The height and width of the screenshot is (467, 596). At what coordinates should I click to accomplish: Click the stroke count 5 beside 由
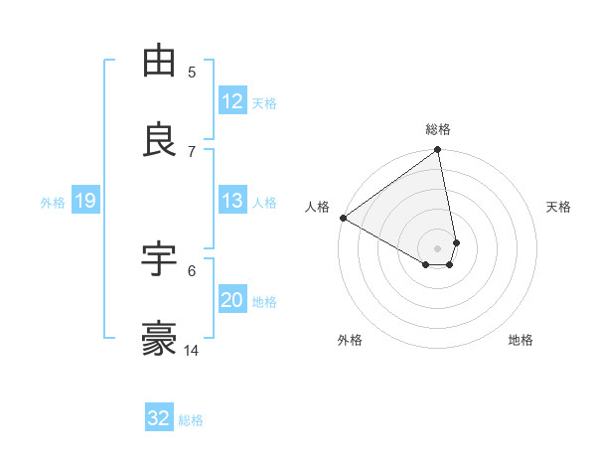192,72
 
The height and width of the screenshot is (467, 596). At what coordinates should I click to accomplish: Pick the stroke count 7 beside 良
192,151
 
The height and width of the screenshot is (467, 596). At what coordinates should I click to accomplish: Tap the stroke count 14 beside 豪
193,350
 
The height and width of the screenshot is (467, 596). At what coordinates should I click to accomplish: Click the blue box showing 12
232,101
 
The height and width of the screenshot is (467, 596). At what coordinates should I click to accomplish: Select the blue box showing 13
232,201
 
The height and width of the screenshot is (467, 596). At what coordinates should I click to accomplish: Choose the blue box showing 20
232,300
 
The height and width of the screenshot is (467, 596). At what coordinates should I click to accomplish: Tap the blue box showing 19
85,201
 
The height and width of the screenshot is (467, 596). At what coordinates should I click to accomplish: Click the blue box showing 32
159,418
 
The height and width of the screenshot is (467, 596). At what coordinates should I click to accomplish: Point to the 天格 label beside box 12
264,102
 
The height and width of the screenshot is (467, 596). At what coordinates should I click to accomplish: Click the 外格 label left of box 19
53,202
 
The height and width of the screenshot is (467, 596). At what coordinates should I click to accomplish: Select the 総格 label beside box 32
191,419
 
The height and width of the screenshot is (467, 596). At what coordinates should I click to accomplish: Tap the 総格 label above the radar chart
438,129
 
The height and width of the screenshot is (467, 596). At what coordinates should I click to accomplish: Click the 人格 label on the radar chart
318,207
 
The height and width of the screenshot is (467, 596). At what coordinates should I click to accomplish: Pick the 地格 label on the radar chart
521,340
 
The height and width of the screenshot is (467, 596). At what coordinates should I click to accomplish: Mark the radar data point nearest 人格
343,218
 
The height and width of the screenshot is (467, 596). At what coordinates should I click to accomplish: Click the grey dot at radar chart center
438,247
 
